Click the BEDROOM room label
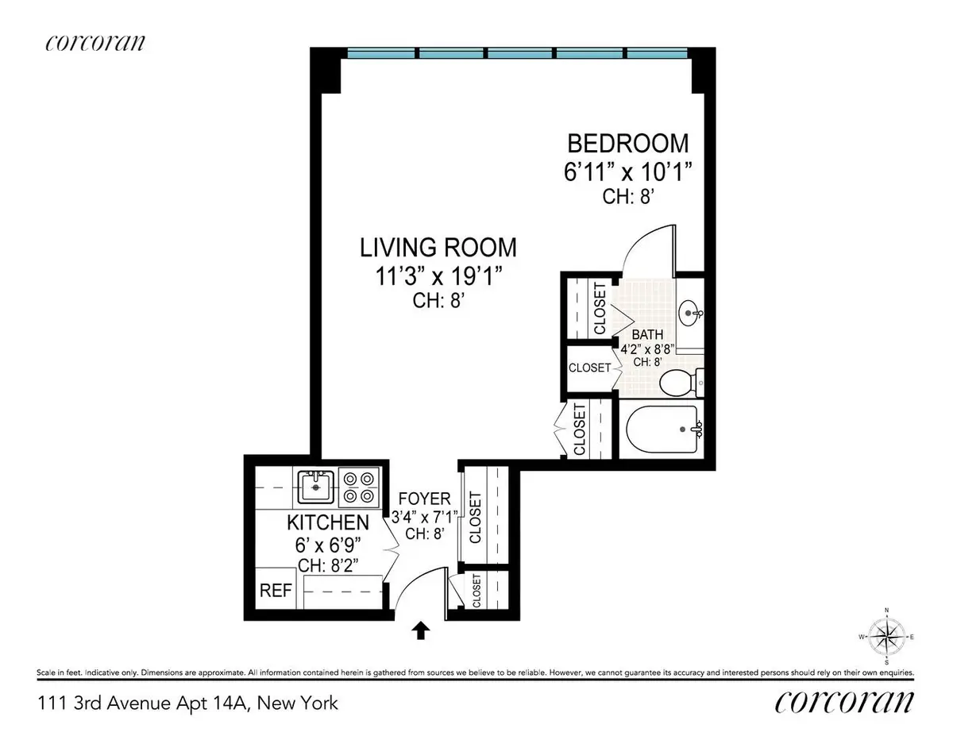click(x=627, y=144)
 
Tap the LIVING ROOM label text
click(x=438, y=247)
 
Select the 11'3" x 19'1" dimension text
click(x=438, y=276)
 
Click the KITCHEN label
click(x=327, y=522)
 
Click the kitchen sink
click(x=315, y=486)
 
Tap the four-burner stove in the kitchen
click(x=357, y=487)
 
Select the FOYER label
click(x=426, y=499)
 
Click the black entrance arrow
click(x=421, y=630)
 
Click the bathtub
click(x=664, y=430)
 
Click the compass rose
click(x=885, y=635)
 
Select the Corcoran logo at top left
click(x=95, y=44)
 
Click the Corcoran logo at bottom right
click(x=843, y=702)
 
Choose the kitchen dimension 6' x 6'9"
click(x=327, y=547)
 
